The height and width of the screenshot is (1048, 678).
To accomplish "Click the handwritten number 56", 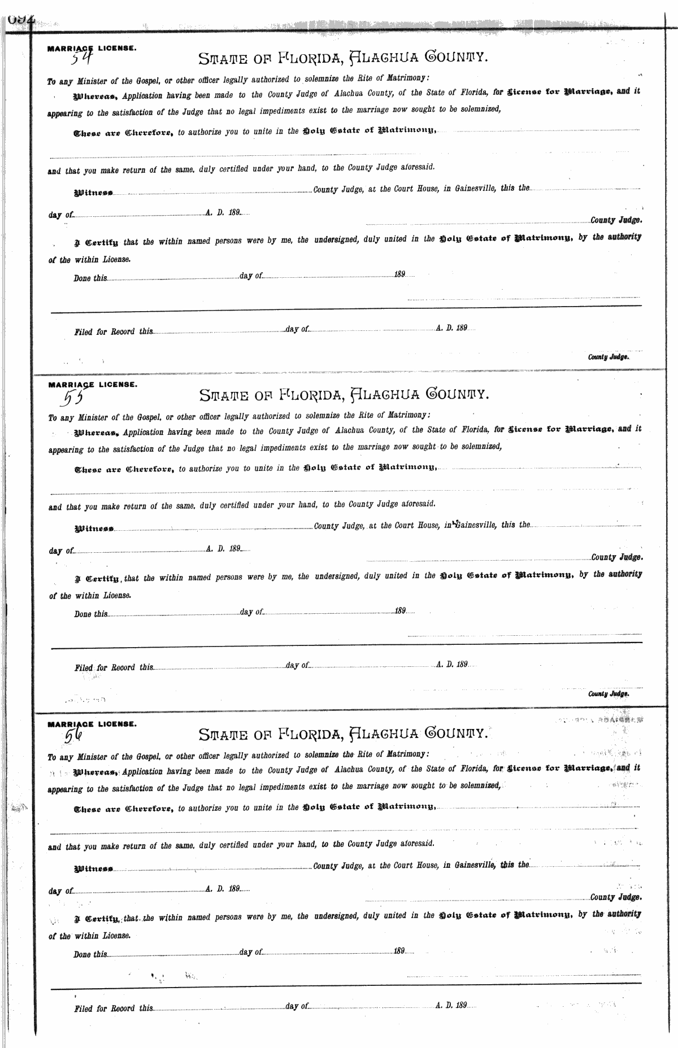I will (x=74, y=735).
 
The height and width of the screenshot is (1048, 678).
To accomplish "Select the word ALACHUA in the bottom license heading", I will (x=382, y=733).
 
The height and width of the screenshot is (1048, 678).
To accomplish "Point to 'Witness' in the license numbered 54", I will (x=93, y=193).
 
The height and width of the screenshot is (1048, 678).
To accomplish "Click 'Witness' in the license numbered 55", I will (x=94, y=529).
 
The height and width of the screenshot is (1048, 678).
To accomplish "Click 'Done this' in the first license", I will (x=90, y=278).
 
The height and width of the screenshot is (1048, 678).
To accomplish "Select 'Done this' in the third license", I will (x=90, y=954).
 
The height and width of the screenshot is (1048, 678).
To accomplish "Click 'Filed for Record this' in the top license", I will (x=114, y=331).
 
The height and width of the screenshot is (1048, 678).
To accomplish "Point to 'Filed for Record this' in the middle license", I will (x=114, y=667).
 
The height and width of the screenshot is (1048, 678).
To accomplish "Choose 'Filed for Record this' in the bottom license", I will (x=114, y=1008).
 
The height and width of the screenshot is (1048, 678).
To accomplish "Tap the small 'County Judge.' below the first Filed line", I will (x=608, y=357).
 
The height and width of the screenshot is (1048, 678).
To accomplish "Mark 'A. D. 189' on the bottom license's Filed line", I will (x=451, y=1006).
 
